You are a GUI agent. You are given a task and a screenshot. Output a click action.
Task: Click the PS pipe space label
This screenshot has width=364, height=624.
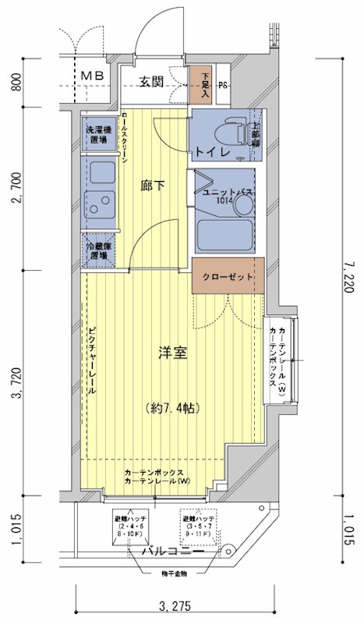click(223, 86)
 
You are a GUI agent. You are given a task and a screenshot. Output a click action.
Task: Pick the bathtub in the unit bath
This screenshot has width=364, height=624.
click(225, 233)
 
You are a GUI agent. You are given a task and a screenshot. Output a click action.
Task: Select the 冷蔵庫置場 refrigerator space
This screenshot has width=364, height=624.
click(98, 250)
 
